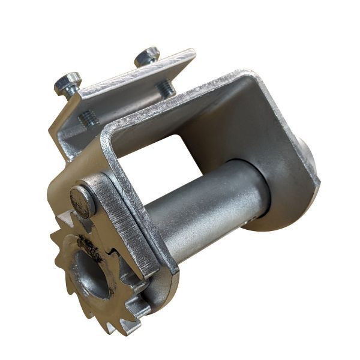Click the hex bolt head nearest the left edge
pyautogui.click(x=67, y=82)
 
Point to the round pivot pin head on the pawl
pyautogui.click(x=82, y=200)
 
